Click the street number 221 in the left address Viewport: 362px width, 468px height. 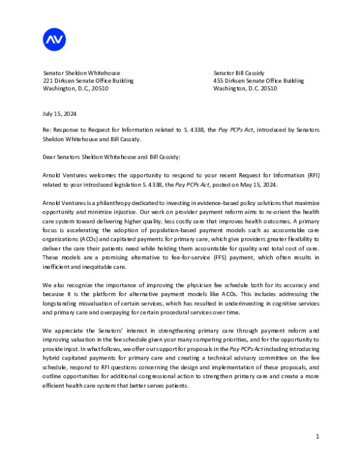[48, 80]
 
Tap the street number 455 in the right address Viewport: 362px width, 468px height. [218, 80]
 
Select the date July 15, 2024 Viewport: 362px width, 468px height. [60, 113]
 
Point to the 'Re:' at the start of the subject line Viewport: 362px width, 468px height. [48, 130]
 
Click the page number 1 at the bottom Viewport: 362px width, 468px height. [317, 435]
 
